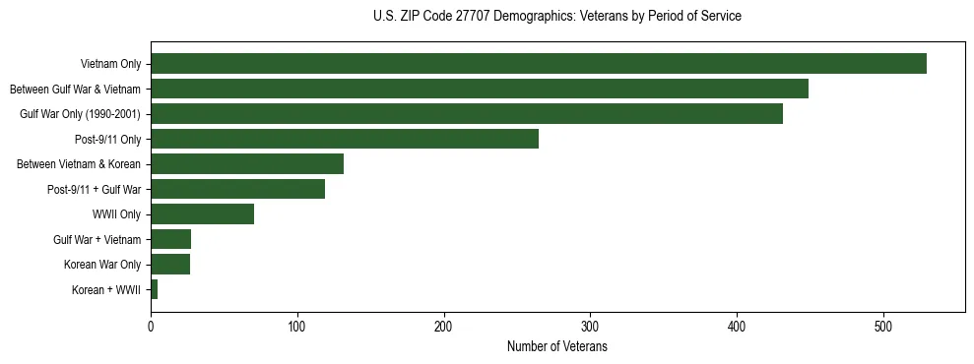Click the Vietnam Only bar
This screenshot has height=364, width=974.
click(538, 64)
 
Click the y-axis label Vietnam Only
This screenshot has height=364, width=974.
click(110, 65)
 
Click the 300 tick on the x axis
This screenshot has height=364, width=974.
click(590, 328)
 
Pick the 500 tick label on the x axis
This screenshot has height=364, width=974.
click(883, 328)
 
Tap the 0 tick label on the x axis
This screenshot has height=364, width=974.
click(151, 328)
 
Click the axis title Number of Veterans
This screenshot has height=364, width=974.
click(556, 347)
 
